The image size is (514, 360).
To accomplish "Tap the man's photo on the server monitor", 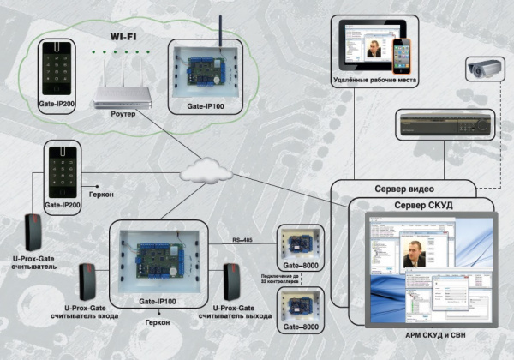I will click(415, 250).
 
